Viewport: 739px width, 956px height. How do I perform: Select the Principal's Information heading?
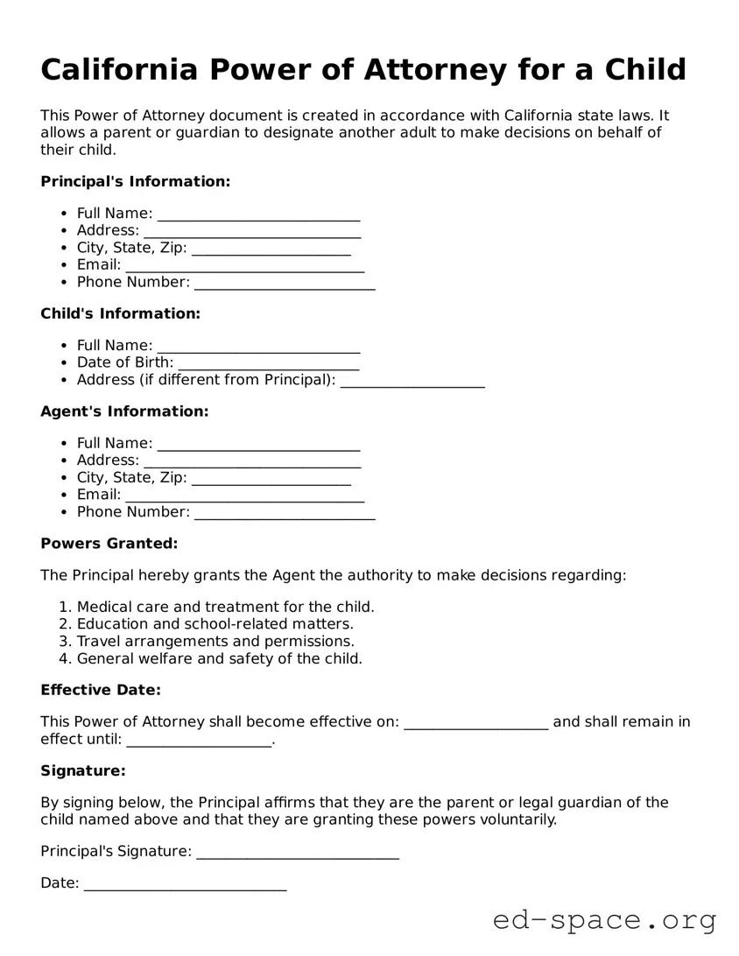click(136, 181)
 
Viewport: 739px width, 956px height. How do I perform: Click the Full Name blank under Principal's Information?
click(258, 214)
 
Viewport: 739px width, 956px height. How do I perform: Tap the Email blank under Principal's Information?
click(244, 265)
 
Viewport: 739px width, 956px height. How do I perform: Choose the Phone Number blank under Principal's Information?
click(285, 283)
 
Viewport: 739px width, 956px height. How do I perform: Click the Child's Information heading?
click(121, 313)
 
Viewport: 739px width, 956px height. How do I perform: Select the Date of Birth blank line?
click(268, 363)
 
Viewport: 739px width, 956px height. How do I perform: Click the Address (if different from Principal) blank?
click(412, 381)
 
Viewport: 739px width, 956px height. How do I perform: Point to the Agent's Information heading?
click(124, 411)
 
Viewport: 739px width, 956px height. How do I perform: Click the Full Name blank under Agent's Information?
click(258, 444)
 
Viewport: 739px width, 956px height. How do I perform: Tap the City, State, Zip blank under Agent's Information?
click(271, 478)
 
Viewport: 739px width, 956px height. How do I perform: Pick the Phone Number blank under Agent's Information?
click(285, 512)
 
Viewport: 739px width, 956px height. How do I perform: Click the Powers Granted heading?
click(109, 544)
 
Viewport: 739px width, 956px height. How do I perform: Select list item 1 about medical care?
click(225, 607)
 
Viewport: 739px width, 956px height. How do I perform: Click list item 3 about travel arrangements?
click(215, 641)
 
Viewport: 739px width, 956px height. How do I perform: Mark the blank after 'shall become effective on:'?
click(476, 722)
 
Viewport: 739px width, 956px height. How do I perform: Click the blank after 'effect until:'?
click(200, 740)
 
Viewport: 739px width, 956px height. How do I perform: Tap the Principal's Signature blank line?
click(298, 852)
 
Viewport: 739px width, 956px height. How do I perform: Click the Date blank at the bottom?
click(185, 883)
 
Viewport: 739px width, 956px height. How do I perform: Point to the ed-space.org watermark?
click(604, 920)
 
